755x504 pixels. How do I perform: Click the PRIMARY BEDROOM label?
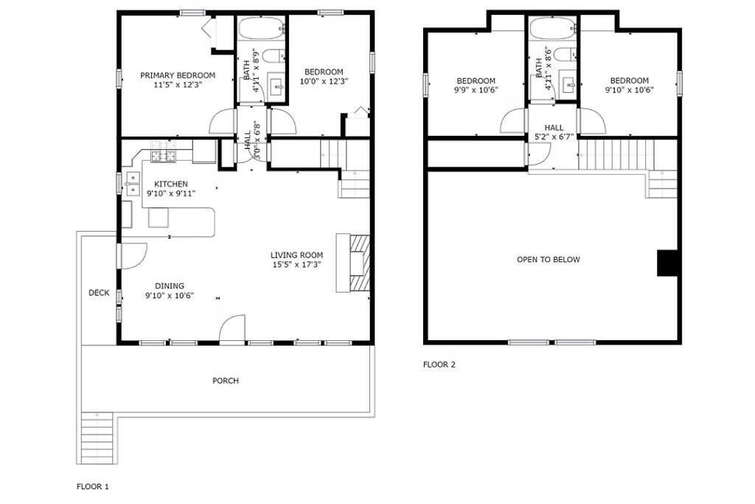point(178,75)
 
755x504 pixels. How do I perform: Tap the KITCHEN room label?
point(171,184)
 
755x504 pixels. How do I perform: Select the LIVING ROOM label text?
point(296,255)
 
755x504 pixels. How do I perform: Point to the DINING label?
point(170,286)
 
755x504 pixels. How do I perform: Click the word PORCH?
point(226,381)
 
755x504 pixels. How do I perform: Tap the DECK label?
point(99,292)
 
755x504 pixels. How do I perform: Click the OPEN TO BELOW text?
point(549,259)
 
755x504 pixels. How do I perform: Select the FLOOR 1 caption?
point(92,486)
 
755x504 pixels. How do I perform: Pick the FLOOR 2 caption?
point(439,365)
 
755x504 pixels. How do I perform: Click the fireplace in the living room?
point(354,263)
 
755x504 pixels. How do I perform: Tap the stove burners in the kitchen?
point(163,156)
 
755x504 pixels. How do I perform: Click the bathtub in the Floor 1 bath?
point(262,29)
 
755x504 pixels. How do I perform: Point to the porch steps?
point(97,438)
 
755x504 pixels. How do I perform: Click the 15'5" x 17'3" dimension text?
point(296,264)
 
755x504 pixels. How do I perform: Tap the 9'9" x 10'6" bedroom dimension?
point(476,89)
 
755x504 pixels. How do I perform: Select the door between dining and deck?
point(133,256)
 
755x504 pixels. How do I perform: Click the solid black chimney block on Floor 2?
point(667,263)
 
